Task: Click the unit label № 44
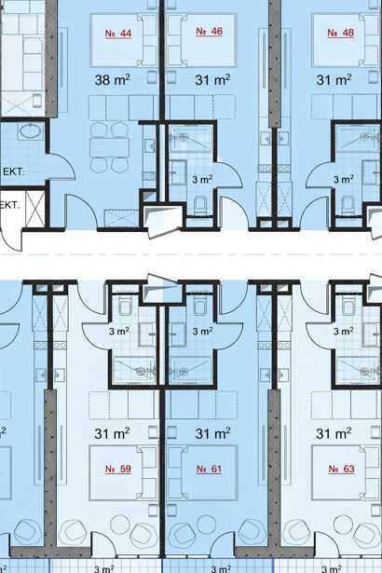click(118, 34)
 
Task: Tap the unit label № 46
click(209, 32)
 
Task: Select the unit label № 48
click(341, 33)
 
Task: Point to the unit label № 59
click(117, 469)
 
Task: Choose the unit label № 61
click(209, 469)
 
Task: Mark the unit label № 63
click(341, 469)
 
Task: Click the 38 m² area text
click(112, 80)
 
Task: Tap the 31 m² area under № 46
click(212, 80)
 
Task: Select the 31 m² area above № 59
click(112, 433)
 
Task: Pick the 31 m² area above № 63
click(334, 433)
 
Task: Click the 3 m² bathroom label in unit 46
click(202, 180)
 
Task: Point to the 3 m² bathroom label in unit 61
click(202, 331)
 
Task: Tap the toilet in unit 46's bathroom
click(200, 205)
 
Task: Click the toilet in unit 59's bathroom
click(125, 306)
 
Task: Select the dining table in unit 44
click(109, 147)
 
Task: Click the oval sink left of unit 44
click(32, 131)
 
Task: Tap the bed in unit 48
click(347, 40)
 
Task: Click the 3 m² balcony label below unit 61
click(221, 569)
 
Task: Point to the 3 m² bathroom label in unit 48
click(343, 180)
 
